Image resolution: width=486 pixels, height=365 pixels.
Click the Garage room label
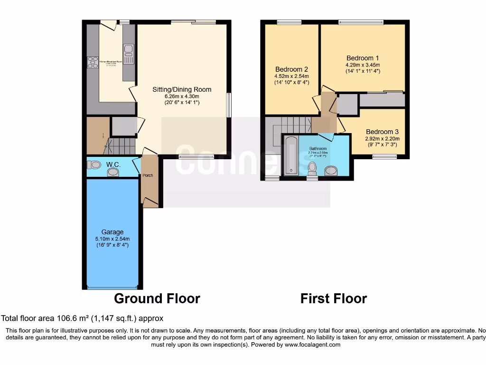(x=112, y=232)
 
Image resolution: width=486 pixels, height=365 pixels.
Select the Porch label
(x=148, y=175)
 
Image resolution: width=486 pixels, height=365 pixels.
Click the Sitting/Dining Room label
(x=182, y=89)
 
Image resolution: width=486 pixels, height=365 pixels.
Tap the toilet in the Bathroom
(x=312, y=168)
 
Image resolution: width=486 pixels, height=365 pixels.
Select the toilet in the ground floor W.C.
(x=94, y=164)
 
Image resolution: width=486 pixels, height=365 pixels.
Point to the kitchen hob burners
(x=92, y=63)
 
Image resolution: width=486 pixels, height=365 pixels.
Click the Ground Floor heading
(x=157, y=298)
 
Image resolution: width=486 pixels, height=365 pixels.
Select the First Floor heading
(x=333, y=298)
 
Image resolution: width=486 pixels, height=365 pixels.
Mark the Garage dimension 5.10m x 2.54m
(x=112, y=239)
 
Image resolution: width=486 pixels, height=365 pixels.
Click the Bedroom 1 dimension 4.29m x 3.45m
(x=363, y=65)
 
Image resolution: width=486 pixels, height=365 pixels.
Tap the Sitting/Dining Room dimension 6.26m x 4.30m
(x=182, y=96)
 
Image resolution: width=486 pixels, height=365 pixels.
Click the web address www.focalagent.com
(x=313, y=345)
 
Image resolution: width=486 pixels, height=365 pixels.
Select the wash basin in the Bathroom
(x=331, y=170)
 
